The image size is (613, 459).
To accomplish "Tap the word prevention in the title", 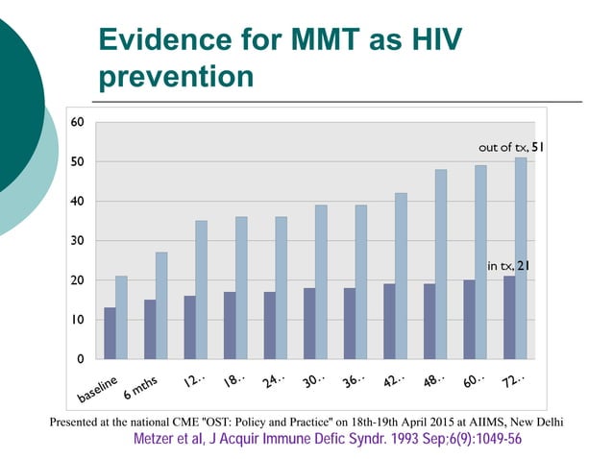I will pos(177,76).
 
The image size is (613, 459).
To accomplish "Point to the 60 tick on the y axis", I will pos(76,122).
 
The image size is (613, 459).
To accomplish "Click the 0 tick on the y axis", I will pos(80,358).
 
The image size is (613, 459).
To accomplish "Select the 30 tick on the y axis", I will pos(76,240).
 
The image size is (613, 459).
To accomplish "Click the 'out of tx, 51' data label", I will pos(511,148).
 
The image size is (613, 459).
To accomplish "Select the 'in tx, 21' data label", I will pos(507,264).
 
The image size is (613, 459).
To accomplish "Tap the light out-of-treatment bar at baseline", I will pos(122,317).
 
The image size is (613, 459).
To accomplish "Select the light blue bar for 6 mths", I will pos(161,305).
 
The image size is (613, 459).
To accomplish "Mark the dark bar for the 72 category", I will pos(508,317).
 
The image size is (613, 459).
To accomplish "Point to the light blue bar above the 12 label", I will pos(202,289).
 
